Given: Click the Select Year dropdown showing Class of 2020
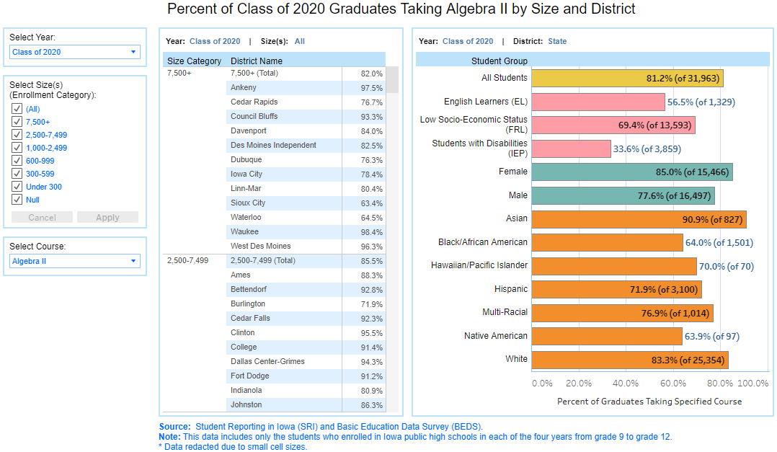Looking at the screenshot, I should [75, 52].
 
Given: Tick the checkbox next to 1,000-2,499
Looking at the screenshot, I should [17, 148].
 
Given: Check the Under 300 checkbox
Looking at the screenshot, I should [17, 187].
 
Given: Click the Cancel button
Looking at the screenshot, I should [42, 217].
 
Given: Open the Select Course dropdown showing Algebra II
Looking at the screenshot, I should [75, 261].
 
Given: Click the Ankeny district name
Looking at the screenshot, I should [243, 87].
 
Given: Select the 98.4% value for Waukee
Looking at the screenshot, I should [372, 231].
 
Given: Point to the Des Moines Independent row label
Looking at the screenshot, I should [273, 145].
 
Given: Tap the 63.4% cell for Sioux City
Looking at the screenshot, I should [372, 203].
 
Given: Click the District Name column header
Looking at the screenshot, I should [257, 61].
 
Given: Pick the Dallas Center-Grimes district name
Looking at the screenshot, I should [267, 361].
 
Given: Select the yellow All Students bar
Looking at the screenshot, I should [627, 78].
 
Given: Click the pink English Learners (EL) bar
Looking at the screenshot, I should [598, 102].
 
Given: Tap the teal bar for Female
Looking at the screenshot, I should [631, 172].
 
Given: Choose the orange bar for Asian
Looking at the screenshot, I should [639, 219].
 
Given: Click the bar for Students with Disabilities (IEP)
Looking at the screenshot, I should [571, 149].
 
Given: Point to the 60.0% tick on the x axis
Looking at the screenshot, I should [673, 384].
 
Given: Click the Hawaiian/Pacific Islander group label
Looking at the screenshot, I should [479, 265].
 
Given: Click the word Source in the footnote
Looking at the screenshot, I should [174, 427].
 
